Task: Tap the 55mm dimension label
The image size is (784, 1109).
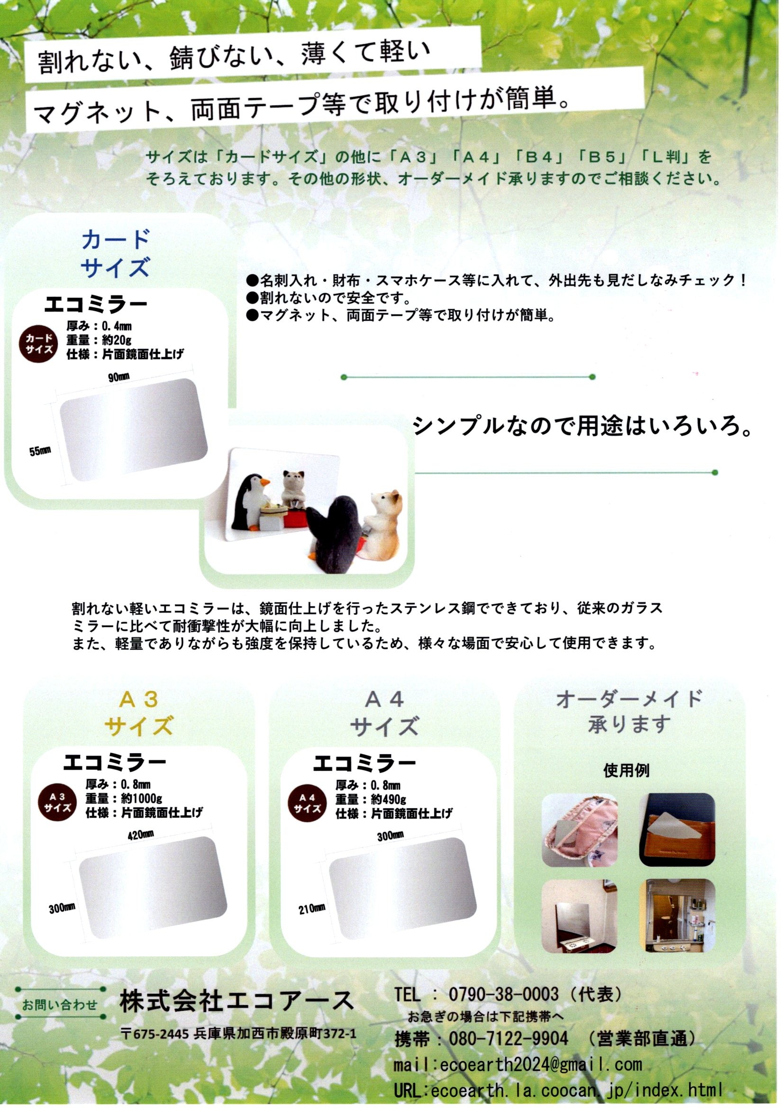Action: click(40, 452)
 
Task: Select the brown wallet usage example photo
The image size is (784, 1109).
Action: click(677, 830)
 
